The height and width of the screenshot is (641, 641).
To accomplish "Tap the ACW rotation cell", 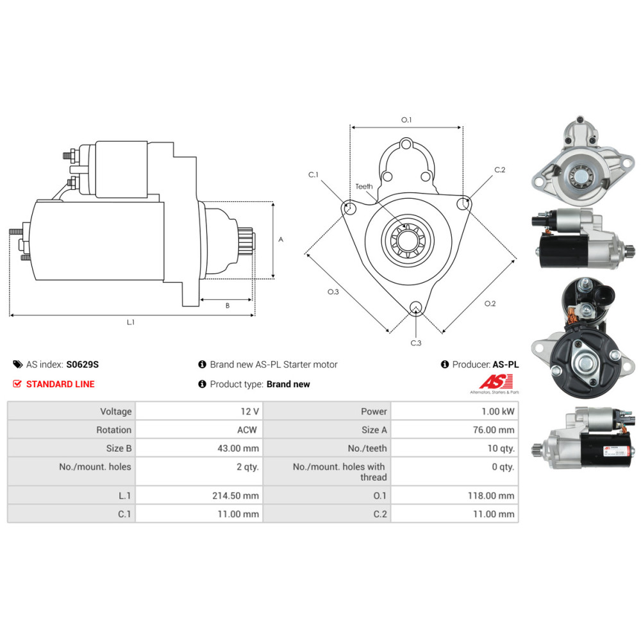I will pyautogui.click(x=246, y=429).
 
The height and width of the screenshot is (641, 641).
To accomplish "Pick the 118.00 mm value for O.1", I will pyautogui.click(x=494, y=495).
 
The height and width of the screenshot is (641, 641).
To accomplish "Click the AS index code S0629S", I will pyautogui.click(x=83, y=364).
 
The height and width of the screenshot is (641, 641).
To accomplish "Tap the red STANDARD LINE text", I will pyautogui.click(x=60, y=384).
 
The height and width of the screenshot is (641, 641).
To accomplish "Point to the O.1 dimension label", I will pyautogui.click(x=406, y=120).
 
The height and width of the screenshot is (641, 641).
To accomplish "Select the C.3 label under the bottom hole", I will pyautogui.click(x=416, y=343).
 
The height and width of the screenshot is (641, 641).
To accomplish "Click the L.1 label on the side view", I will pyautogui.click(x=131, y=322).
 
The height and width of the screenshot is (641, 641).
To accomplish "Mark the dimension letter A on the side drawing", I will pyautogui.click(x=281, y=239).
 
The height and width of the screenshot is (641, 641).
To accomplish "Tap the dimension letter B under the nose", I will pyautogui.click(x=227, y=306).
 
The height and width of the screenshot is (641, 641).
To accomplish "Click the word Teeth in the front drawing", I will pyautogui.click(x=364, y=187).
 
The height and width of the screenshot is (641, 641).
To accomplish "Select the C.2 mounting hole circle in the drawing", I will pyautogui.click(x=463, y=204).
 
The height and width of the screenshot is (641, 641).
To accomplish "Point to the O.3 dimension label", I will pyautogui.click(x=333, y=292).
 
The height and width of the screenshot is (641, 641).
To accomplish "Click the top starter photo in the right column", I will pyautogui.click(x=582, y=159).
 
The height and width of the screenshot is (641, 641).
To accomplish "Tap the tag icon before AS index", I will pyautogui.click(x=18, y=365).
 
